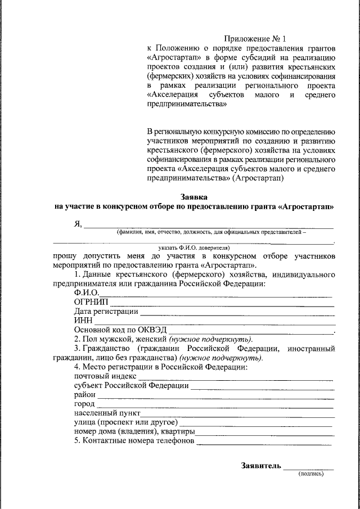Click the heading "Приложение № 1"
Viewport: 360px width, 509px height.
point(255,39)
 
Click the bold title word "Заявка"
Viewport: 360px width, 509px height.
point(194,197)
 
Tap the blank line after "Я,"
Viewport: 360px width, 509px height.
point(208,226)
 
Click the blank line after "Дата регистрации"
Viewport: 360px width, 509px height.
point(236,312)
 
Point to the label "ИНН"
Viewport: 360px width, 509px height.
point(83,321)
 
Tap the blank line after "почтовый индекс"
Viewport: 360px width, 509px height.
point(236,377)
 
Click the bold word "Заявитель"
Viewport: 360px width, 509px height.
point(260,466)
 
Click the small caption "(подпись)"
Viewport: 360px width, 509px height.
point(310,474)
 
